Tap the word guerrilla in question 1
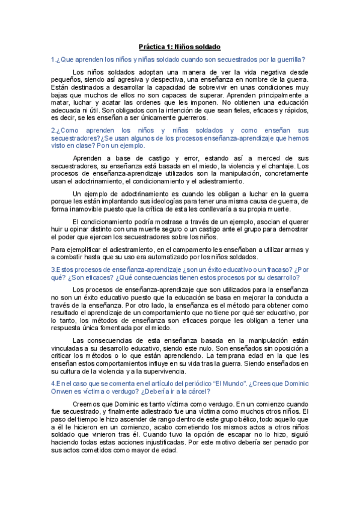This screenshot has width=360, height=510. (x=287, y=59)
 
